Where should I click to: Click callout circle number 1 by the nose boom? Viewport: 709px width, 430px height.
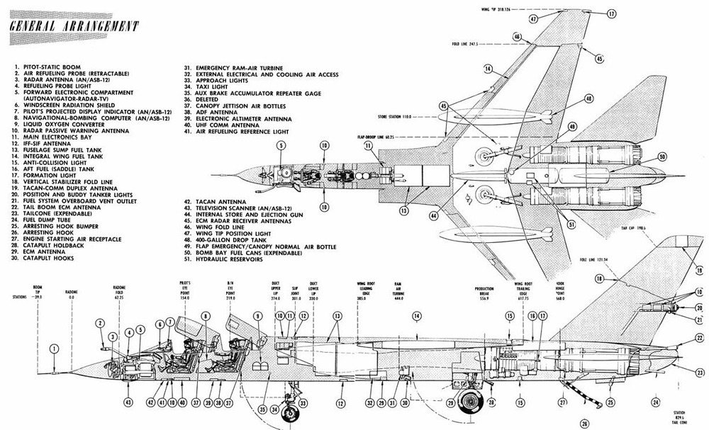click(55, 347)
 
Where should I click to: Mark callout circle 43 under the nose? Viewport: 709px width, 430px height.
click(128, 402)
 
